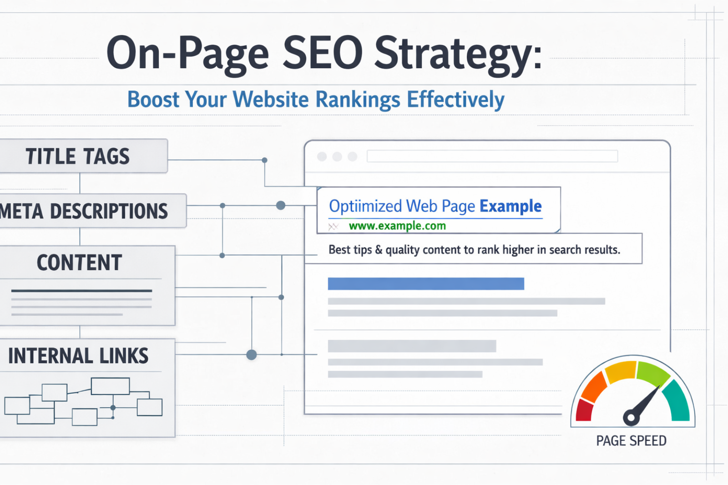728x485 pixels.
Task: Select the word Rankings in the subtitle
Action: [358, 100]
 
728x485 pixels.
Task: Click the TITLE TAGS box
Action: [83, 156]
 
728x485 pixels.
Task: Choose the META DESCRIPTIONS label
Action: [84, 211]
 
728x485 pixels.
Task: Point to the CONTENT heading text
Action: [79, 263]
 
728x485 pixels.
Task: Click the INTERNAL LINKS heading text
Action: [78, 355]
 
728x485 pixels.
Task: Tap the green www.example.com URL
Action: [397, 226]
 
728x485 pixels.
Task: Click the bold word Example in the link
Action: [511, 206]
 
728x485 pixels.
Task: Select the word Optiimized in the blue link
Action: [365, 207]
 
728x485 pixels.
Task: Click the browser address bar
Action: [492, 156]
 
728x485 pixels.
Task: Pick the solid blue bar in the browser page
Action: [426, 283]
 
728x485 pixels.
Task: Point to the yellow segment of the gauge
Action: [621, 371]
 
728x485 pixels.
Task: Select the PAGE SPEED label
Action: [631, 441]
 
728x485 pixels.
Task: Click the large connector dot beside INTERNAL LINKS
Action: [252, 354]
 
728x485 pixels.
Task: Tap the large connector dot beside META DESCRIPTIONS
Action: [281, 206]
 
